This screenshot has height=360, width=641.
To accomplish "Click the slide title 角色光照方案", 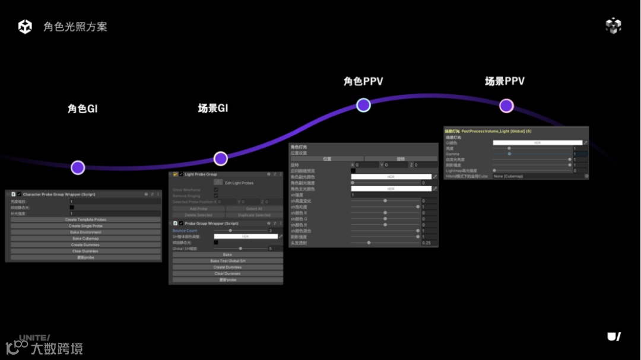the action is [x=75, y=27].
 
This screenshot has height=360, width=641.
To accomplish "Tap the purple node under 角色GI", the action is [x=78, y=168].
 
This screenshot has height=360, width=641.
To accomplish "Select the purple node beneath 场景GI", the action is [x=221, y=158].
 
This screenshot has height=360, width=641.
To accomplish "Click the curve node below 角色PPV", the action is [x=363, y=105].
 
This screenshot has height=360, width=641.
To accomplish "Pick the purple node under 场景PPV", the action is [x=506, y=106].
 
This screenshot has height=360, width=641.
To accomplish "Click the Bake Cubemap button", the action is [x=85, y=238].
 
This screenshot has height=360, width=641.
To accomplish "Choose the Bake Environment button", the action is [x=85, y=232].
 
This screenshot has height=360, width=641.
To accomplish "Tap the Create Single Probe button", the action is [x=85, y=226].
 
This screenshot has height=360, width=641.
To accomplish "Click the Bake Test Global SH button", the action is [x=227, y=261].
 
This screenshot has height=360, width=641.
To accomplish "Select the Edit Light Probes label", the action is [x=239, y=183].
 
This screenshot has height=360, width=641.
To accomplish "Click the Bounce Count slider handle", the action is [x=231, y=231].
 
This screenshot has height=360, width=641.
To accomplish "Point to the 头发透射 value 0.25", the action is [x=426, y=243].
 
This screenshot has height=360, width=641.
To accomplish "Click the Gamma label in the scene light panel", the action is [x=453, y=154].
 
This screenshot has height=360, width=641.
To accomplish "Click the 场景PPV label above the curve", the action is [x=504, y=81].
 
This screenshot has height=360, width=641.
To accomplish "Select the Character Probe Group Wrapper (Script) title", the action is [x=59, y=194].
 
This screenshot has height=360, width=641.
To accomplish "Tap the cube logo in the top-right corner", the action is [x=613, y=26].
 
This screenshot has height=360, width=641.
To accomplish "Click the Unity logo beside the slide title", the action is [x=25, y=27].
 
